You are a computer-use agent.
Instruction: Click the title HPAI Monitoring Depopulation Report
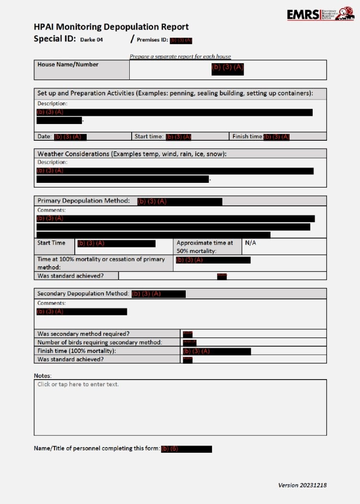coord(111,27)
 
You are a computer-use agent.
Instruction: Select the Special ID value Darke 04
coord(91,40)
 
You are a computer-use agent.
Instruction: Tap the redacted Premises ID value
coord(181,40)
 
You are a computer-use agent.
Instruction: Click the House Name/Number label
coord(68,65)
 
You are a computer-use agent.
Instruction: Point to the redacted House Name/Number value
coord(227,68)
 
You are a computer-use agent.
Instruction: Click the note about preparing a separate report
coord(180,56)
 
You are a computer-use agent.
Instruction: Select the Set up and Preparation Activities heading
coord(175,93)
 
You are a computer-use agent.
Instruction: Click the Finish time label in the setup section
coord(247,136)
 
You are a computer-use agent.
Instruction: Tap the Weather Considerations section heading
coord(132,154)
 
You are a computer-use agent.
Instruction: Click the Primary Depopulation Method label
coord(84,201)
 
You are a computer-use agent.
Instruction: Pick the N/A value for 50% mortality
coord(250,243)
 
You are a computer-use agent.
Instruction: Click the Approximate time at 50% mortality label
coord(205,246)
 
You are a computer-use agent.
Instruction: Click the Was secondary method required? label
coord(83,334)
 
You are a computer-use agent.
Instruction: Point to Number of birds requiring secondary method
coord(100,342)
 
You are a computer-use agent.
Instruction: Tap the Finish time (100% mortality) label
coord(77,351)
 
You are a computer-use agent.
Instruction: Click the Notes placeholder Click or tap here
coord(78,384)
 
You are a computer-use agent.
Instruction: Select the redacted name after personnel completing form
coord(186,449)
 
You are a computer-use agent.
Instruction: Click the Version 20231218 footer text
coord(302,485)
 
